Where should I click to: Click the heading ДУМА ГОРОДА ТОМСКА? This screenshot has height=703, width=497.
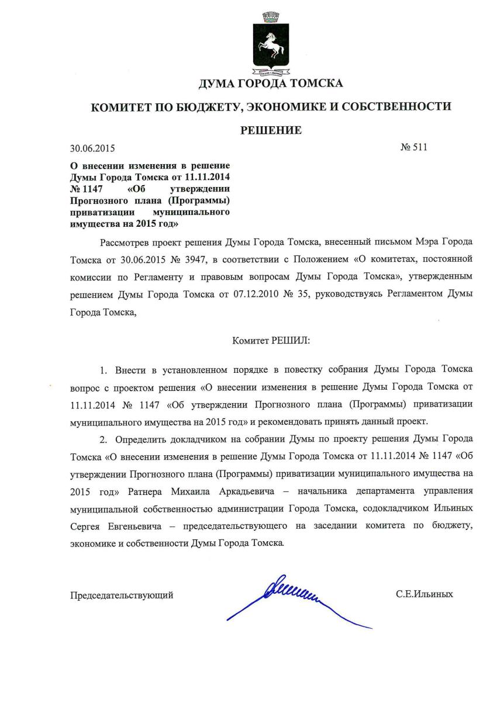(271, 84)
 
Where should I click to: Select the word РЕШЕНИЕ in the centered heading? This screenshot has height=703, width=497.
(271, 130)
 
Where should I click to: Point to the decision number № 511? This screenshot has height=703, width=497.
(413, 147)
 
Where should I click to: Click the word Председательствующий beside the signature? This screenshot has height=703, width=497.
(122, 595)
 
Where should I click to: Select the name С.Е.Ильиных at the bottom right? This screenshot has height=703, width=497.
(424, 595)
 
